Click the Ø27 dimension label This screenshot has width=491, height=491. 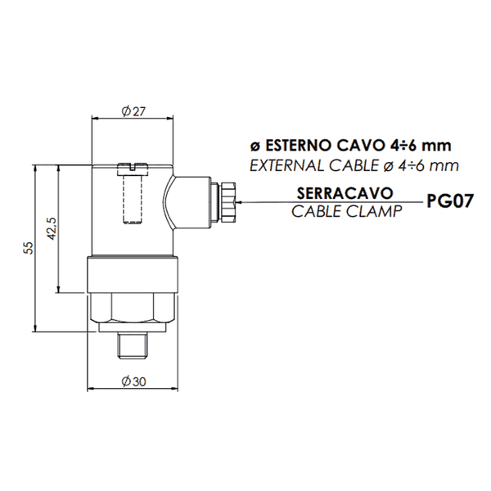[133, 111]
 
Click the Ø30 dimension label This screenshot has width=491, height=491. [133, 381]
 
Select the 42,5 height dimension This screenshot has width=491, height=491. [52, 228]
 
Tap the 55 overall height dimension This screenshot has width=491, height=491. [29, 248]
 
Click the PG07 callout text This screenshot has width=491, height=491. [449, 200]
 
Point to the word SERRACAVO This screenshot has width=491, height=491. [345, 193]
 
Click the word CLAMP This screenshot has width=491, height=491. [374, 211]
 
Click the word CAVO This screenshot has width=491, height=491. [358, 146]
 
